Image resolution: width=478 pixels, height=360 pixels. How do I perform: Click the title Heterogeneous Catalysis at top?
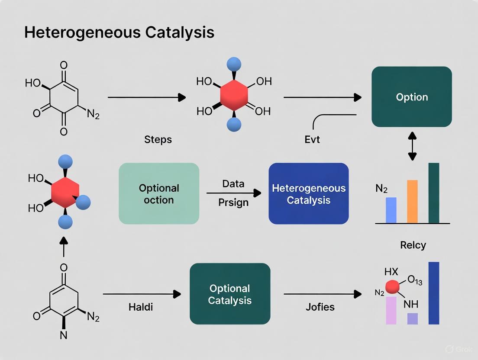tap(119, 32)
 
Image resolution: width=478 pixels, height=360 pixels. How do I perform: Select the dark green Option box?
tap(412, 97)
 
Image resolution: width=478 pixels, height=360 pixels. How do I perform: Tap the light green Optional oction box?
tap(159, 193)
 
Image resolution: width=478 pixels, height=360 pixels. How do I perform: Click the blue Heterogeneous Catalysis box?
tap(309, 194)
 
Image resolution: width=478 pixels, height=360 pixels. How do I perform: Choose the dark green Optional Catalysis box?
tap(230, 294)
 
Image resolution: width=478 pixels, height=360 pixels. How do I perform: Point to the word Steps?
tap(158, 140)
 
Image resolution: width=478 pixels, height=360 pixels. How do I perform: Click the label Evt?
tap(312, 140)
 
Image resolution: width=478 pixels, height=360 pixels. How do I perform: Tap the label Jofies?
tap(320, 307)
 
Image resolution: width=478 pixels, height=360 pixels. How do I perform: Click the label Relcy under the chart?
tap(413, 245)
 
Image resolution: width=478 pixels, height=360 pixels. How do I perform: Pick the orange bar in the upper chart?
tap(413, 201)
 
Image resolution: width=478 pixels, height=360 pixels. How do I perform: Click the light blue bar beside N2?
tap(391, 210)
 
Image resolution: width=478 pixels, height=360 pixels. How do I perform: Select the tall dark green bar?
tap(434, 193)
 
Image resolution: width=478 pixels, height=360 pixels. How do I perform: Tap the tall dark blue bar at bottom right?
tap(434, 293)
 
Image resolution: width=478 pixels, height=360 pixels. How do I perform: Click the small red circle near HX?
tap(392, 286)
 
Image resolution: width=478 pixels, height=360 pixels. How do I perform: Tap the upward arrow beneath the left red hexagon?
tap(64, 247)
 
